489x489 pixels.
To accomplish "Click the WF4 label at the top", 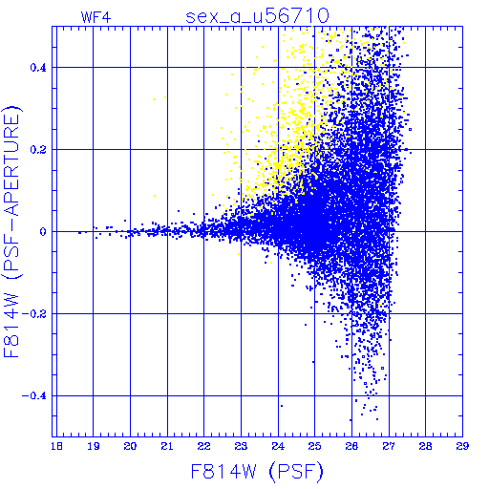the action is (x=96, y=17).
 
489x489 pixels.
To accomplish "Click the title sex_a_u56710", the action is (x=257, y=16).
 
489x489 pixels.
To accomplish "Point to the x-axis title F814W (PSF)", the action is (x=257, y=472).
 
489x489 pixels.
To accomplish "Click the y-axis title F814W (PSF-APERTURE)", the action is (x=12, y=232).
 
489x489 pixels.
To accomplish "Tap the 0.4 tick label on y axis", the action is (x=38, y=68).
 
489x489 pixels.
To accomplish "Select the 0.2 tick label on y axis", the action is (x=38, y=150).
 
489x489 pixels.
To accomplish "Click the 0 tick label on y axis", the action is (x=43, y=232).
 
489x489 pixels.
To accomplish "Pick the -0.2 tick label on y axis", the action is (x=34, y=314).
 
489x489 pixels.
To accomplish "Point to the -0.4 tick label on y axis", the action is (x=34, y=396).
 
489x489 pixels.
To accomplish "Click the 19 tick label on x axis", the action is (x=94, y=446).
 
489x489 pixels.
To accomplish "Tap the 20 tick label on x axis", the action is (x=130, y=446).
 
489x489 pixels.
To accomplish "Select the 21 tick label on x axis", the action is (x=167, y=446).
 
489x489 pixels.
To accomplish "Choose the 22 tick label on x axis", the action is (x=204, y=446).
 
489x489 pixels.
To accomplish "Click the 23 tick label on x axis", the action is (x=241, y=446).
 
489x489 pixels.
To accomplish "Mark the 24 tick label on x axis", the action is (x=278, y=446).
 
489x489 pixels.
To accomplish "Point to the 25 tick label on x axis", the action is (x=314, y=446).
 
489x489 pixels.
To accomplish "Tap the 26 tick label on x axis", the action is (x=351, y=446).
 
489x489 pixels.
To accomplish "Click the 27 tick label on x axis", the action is (x=389, y=446).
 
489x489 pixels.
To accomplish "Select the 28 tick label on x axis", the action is (x=426, y=446).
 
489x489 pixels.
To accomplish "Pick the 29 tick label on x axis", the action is (x=462, y=446).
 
